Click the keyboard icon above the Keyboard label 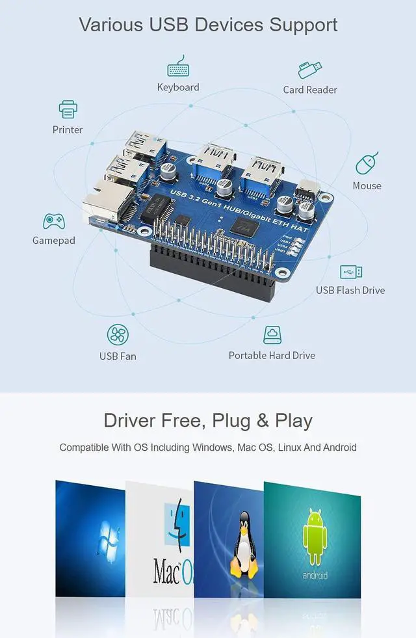[x=177, y=69]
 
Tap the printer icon [x=68, y=109]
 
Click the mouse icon [x=367, y=163]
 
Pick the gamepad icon [x=53, y=221]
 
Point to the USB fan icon [x=118, y=335]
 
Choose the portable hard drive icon [x=272, y=335]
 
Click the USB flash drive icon [x=351, y=272]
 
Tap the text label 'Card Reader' [x=310, y=90]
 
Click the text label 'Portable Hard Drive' [x=272, y=355]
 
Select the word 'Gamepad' [x=54, y=241]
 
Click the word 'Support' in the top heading [x=304, y=25]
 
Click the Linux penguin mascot [x=244, y=546]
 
